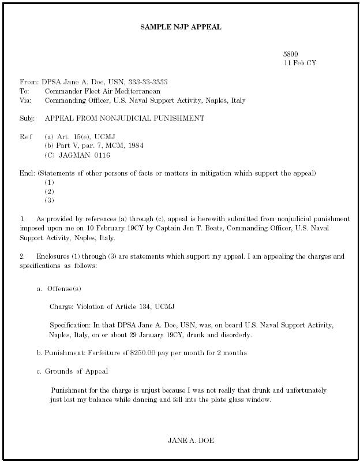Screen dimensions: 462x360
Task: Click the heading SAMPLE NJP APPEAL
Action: (x=181, y=27)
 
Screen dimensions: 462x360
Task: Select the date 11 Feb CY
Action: (x=299, y=62)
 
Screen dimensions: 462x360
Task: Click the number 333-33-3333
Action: (x=148, y=82)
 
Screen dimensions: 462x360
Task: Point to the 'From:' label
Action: (x=29, y=82)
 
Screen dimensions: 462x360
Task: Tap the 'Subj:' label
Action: (x=27, y=118)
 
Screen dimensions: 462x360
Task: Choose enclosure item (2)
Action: (x=50, y=192)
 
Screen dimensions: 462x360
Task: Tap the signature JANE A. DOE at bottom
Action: (x=191, y=441)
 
